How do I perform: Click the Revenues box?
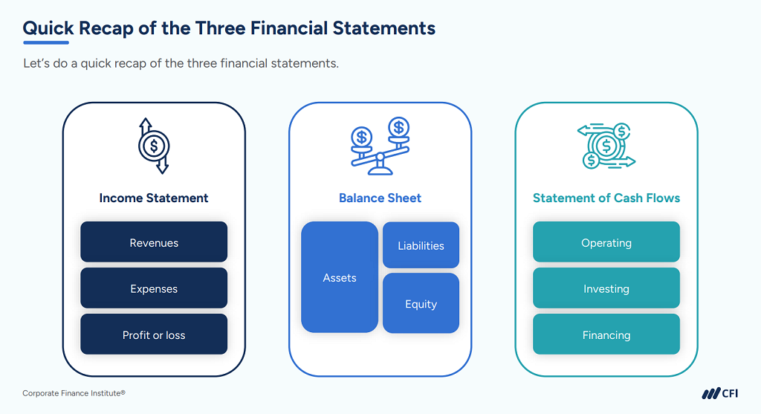coord(154,242)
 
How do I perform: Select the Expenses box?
coord(154,288)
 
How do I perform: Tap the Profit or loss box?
coord(154,334)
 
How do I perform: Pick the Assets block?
coord(339,277)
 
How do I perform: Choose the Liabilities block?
coord(421,245)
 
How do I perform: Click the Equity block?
coord(421,303)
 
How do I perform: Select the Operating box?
coord(606,242)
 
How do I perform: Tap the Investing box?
coord(606,288)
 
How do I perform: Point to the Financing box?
coord(606,334)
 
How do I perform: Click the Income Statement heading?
coord(153,198)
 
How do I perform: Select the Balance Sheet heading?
coord(380,198)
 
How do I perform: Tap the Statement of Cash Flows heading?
coord(606,198)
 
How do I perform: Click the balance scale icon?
coord(380,146)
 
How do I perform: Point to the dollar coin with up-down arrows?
coord(154,146)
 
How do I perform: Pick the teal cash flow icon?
coord(606,146)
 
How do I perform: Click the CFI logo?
coord(719,393)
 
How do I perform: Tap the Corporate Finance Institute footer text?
coord(74,393)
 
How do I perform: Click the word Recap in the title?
coord(106,28)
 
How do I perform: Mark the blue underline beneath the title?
coord(46,42)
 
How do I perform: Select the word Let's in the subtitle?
coord(36,63)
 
